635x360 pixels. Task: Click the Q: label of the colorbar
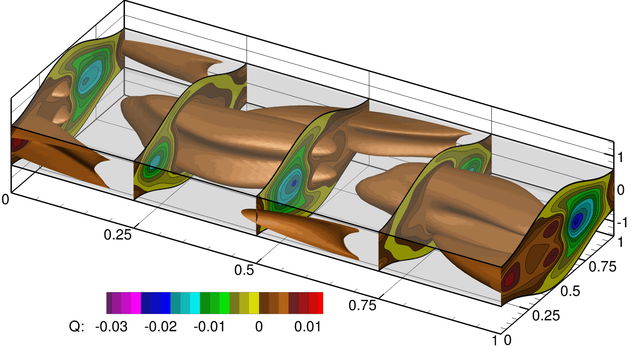coord(77,326)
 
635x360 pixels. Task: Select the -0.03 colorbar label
coord(111,326)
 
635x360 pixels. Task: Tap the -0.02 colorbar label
coord(160,326)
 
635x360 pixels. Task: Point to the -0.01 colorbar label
coord(210,326)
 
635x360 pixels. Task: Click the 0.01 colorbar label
coord(307,326)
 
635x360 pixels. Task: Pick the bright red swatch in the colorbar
coord(320,303)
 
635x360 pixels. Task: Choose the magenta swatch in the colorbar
coord(136,303)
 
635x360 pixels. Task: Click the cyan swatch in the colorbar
coord(195,303)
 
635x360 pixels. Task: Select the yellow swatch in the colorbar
coord(254,303)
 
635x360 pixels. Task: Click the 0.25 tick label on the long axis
coord(117,235)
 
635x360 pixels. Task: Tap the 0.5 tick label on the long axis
coord(244,270)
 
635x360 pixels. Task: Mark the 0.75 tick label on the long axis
coord(362,305)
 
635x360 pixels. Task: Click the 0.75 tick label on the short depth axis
coord(602,267)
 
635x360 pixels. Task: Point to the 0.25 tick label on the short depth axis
coord(546,316)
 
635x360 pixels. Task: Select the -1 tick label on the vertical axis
coord(621,222)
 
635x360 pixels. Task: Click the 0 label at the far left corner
coord(5,199)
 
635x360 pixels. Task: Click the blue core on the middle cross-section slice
coord(294,183)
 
